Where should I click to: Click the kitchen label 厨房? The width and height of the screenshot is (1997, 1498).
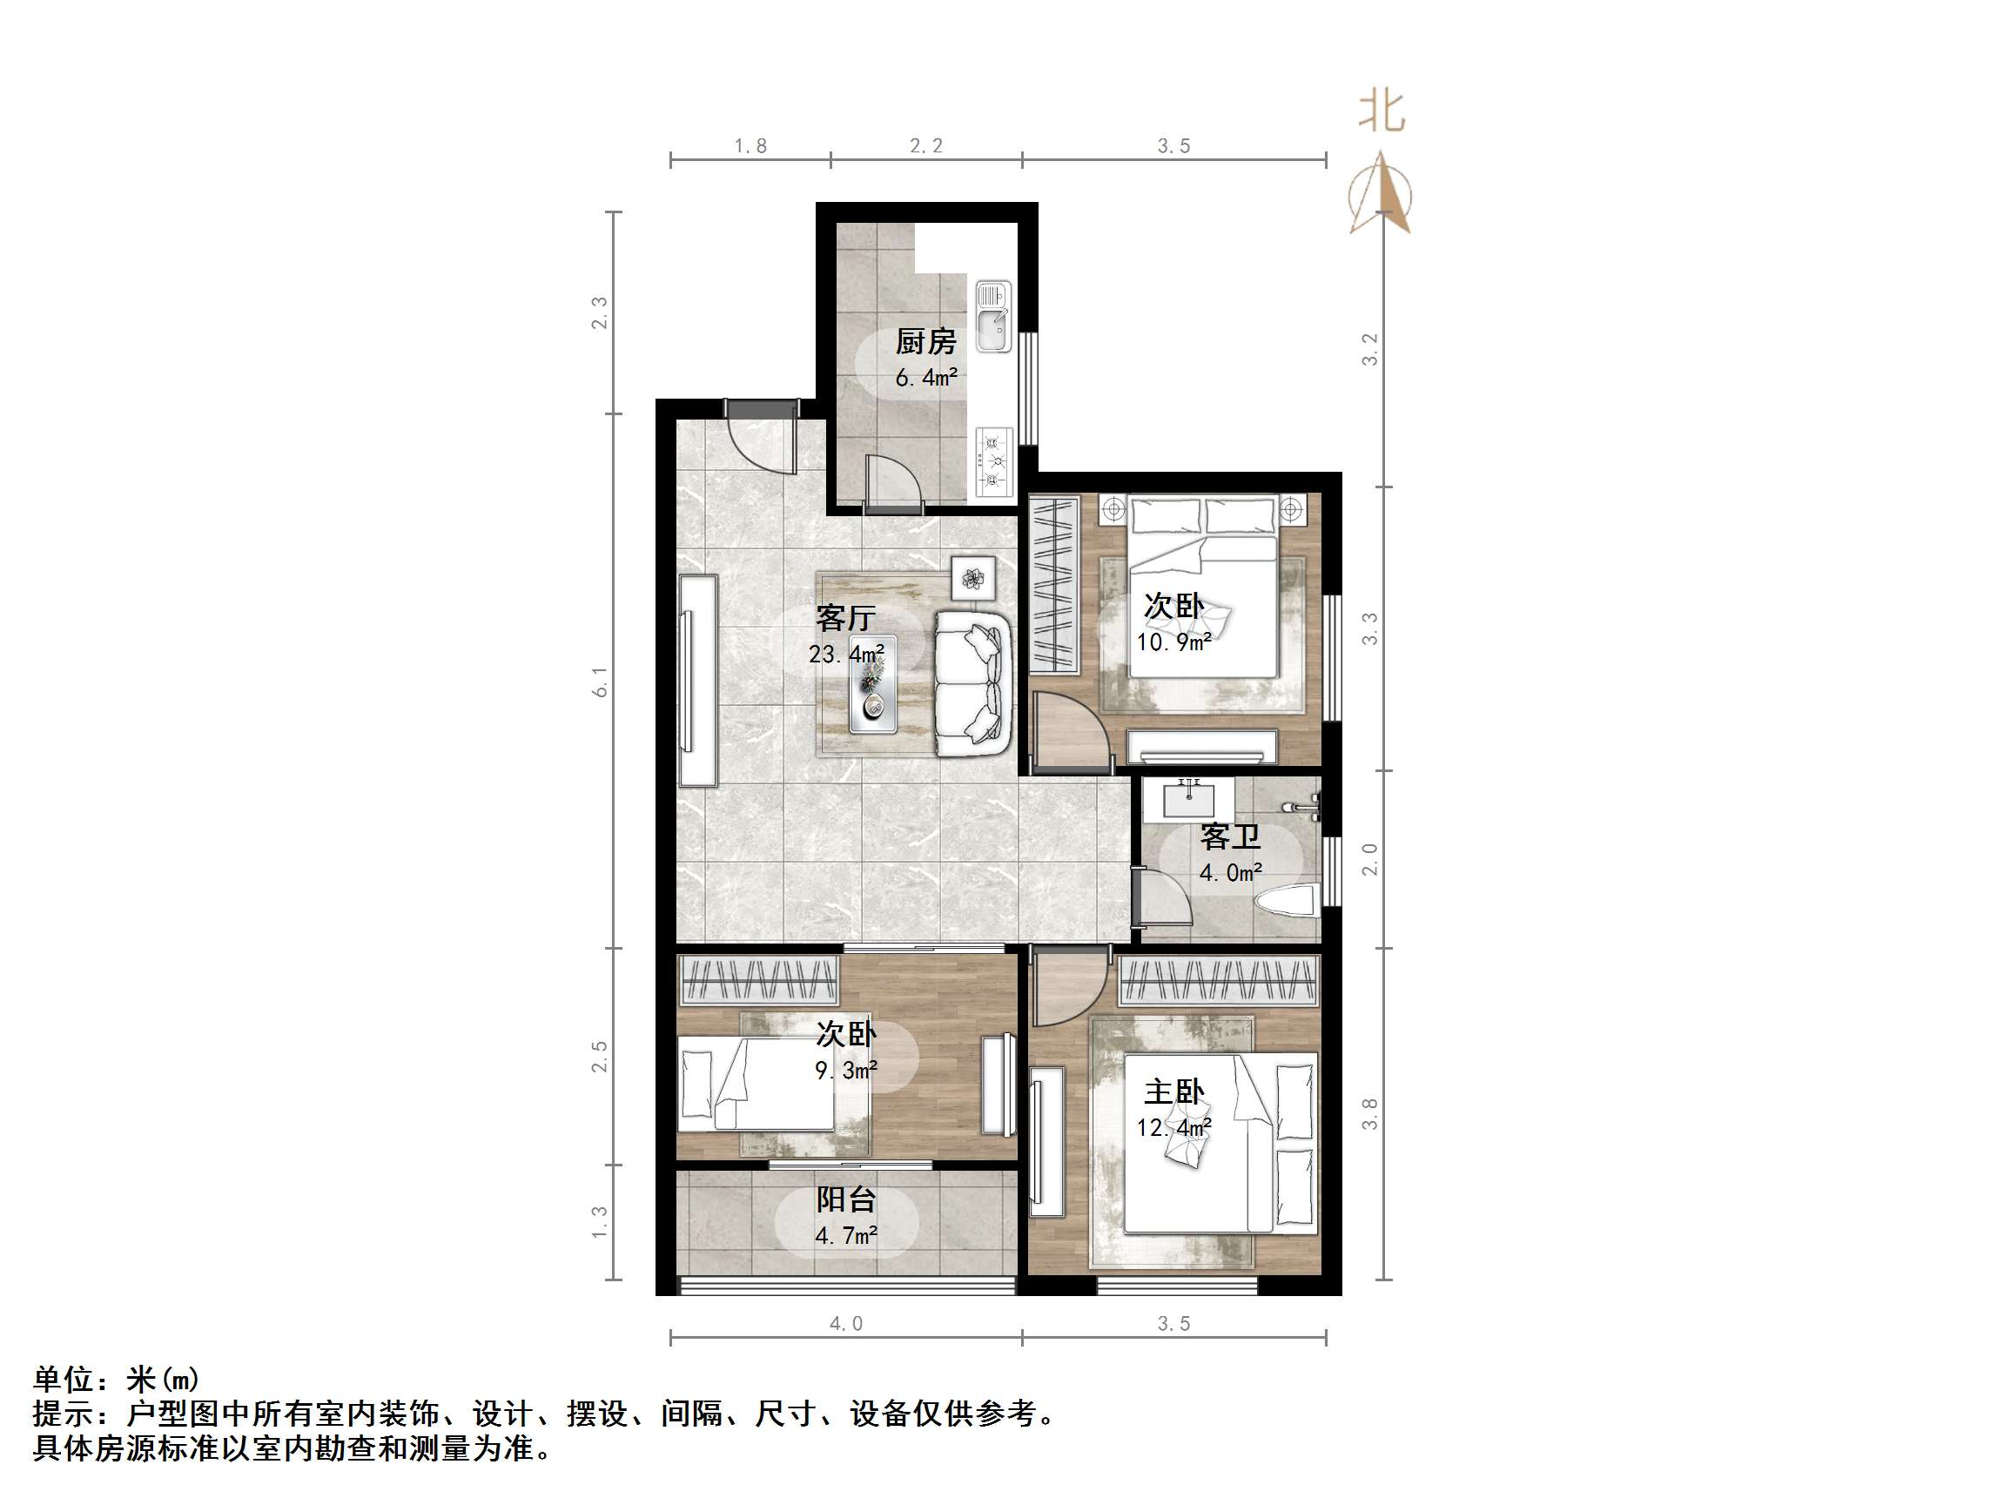[925, 342]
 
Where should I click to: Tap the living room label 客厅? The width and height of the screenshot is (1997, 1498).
[845, 619]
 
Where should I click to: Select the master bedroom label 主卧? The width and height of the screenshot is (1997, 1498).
[1173, 1092]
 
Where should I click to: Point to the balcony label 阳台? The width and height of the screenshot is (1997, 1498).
[846, 1200]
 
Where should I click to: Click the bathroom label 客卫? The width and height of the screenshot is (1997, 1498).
[1229, 838]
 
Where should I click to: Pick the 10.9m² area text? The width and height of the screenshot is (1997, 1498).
[1173, 643]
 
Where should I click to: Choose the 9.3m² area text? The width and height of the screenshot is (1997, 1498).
[846, 1071]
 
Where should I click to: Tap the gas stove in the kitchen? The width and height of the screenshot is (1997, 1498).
[994, 460]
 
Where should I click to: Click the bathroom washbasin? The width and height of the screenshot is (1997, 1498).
[1189, 799]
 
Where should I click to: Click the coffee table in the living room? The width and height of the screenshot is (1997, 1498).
[873, 692]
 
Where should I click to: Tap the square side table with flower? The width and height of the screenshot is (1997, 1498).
[973, 577]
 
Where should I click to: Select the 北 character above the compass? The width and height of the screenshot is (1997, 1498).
[1382, 112]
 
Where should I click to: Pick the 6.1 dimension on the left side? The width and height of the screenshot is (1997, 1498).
[601, 682]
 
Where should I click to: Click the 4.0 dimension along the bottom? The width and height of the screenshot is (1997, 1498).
[846, 1324]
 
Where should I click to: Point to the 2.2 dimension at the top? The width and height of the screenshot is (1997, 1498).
[926, 146]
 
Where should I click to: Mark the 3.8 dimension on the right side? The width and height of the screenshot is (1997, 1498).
[1370, 1113]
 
